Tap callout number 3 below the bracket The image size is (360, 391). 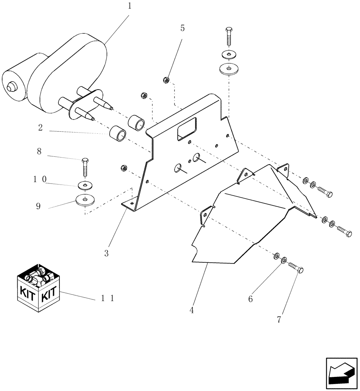pos(106,253)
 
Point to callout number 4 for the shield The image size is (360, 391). pos(192,310)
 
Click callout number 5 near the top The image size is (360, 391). pos(182,28)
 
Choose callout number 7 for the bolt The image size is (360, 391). pos(279,319)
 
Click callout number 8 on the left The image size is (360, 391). pos(39,152)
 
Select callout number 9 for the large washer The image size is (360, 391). pos(38,206)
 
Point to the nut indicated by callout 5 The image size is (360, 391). pos(166,81)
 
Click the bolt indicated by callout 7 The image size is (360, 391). pos(297,269)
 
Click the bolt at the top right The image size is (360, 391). pos(229,37)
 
